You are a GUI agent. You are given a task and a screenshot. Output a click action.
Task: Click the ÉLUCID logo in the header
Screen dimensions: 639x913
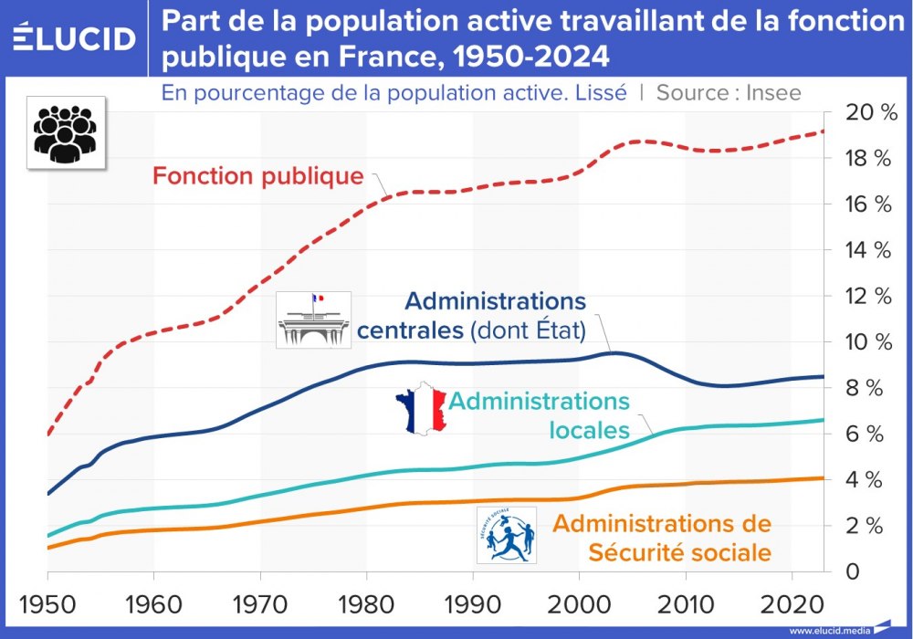click(x=76, y=38)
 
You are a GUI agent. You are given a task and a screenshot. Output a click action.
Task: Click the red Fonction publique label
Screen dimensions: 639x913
click(x=258, y=175)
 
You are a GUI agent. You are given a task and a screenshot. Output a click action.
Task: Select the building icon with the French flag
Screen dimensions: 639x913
click(x=313, y=319)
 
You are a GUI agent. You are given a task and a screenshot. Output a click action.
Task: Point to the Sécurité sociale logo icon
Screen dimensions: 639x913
click(x=507, y=534)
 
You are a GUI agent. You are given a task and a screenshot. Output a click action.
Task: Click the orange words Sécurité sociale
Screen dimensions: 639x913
click(x=679, y=552)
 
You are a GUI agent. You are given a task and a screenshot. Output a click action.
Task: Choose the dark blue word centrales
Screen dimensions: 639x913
click(x=410, y=329)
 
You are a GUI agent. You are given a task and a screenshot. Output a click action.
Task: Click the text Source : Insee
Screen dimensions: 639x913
click(x=729, y=92)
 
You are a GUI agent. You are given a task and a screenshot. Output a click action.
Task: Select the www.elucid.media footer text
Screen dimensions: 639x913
click(x=829, y=630)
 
